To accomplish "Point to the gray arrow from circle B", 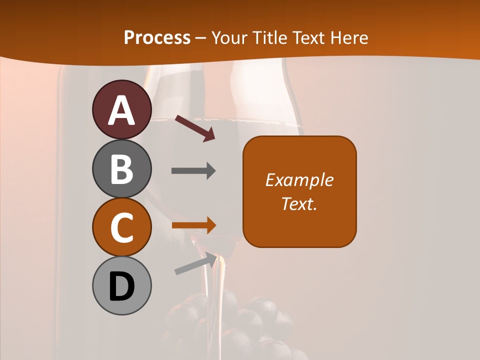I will point(193,171).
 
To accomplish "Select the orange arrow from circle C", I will point(193,225).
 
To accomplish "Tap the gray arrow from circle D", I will point(196,263).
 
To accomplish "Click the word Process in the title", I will point(157,37).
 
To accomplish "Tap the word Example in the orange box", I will point(299,180).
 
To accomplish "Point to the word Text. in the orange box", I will point(299,203).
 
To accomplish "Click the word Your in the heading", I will point(227,37).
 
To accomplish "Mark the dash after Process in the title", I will point(200,38).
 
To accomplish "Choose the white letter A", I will point(121,110).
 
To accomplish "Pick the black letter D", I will point(121,286).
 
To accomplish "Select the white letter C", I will point(121,227).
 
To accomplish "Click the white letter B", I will point(121,169).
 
